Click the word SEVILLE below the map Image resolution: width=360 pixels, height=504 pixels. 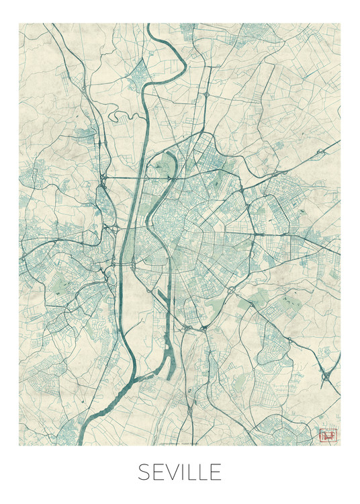pos(179,472)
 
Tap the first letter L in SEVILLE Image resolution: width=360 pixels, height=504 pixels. pos(191,472)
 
